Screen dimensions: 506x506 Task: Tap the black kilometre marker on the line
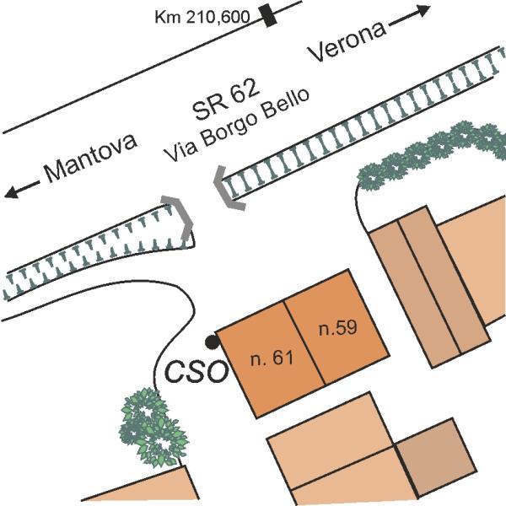pos(269,15)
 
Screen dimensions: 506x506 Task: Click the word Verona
pos(347,42)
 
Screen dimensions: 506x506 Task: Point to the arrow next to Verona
pos(412,18)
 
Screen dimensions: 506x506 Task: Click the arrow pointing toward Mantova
pos(20,191)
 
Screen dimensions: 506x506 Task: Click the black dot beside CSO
pos(212,342)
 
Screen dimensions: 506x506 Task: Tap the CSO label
pos(195,371)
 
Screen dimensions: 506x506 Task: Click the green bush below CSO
pos(153,426)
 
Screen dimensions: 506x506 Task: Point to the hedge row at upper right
pos(430,152)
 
